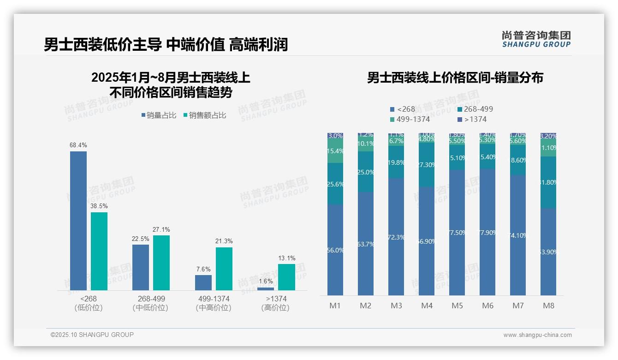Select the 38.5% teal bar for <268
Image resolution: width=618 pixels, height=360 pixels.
pos(99,251)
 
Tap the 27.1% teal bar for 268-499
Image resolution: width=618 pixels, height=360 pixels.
pos(161,263)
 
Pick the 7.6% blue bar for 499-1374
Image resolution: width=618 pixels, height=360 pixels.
pos(203,282)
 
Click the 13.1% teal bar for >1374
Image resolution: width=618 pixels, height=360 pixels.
pos(286,277)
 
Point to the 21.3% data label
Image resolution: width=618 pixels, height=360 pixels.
pos(224,241)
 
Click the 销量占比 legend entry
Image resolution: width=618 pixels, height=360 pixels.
pos(159,115)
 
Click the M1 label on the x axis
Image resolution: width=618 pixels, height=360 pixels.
pos(335,306)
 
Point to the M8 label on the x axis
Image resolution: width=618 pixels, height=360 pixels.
pos(548,306)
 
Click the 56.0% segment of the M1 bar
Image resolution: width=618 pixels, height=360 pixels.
pos(335,250)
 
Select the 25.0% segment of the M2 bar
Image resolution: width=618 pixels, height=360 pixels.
pos(366,172)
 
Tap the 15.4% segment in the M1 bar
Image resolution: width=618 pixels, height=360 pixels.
pos(335,151)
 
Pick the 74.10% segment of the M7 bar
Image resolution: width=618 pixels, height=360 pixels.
pos(518,235)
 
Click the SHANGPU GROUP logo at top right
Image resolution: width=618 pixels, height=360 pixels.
pos(536,39)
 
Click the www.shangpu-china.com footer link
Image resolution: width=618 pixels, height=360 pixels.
pos(537,335)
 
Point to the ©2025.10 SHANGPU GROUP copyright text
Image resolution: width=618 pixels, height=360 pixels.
pos(92,335)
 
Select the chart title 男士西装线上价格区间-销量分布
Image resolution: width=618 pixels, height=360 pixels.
pos(455,78)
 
